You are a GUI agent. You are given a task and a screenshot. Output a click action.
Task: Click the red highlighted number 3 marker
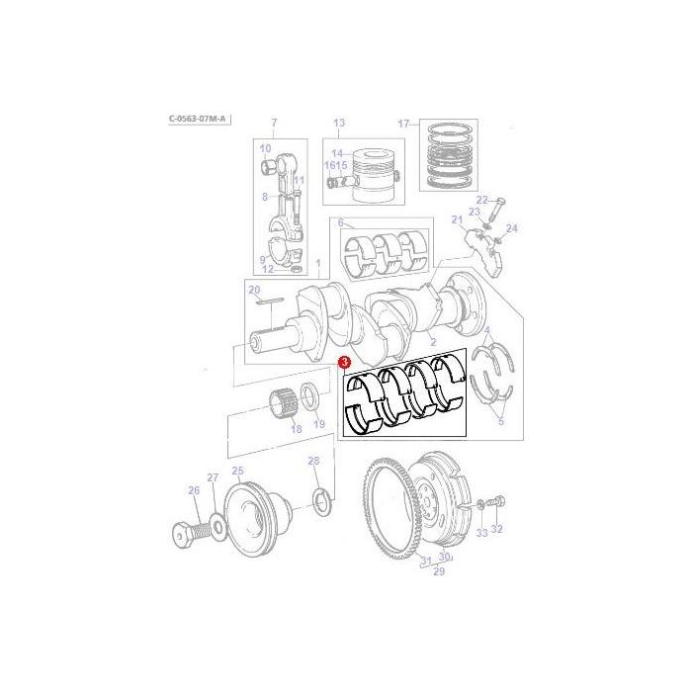[343, 364]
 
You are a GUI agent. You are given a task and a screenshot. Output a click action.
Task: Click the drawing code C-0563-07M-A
[199, 119]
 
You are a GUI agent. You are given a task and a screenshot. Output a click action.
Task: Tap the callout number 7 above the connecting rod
[274, 123]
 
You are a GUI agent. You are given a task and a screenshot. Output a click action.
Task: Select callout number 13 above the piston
[338, 123]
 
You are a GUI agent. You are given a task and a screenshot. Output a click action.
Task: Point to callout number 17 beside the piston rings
[403, 124]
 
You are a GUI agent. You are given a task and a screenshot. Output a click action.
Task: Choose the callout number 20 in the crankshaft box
[254, 290]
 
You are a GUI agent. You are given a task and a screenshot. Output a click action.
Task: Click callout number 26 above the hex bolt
[194, 490]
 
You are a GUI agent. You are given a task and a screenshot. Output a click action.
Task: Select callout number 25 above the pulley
[237, 471]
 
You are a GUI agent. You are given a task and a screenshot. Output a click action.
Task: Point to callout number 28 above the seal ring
[313, 461]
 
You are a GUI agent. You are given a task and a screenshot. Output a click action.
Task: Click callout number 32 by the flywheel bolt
[497, 529]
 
